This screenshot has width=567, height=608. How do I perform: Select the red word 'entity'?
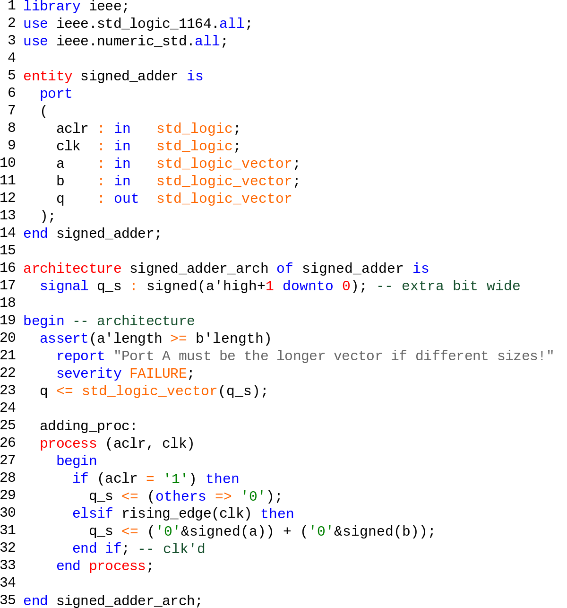[x=48, y=76]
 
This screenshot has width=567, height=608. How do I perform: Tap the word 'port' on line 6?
[x=56, y=94]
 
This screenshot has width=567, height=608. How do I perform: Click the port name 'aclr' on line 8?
[x=72, y=129]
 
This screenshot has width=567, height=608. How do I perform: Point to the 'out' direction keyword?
[x=126, y=199]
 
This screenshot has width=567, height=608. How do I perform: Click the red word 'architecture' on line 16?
[x=72, y=269]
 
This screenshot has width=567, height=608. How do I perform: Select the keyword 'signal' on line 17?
[x=64, y=286]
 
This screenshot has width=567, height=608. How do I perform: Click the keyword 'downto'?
[x=308, y=286]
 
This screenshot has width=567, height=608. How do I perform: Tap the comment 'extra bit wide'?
[x=461, y=286]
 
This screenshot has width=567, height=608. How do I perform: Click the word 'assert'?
[x=64, y=339]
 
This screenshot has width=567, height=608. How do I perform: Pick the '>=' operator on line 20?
[x=179, y=339]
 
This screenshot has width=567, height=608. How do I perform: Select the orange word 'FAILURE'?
[x=158, y=373]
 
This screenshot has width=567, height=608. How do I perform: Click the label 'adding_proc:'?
[x=88, y=426]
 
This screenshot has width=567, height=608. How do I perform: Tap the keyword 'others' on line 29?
[x=181, y=496]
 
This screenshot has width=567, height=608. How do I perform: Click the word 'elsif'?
[x=93, y=514]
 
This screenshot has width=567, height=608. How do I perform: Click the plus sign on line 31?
[x=287, y=531]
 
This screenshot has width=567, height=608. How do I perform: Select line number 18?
[x=8, y=303]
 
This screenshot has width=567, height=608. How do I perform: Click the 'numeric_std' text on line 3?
[x=142, y=41]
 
